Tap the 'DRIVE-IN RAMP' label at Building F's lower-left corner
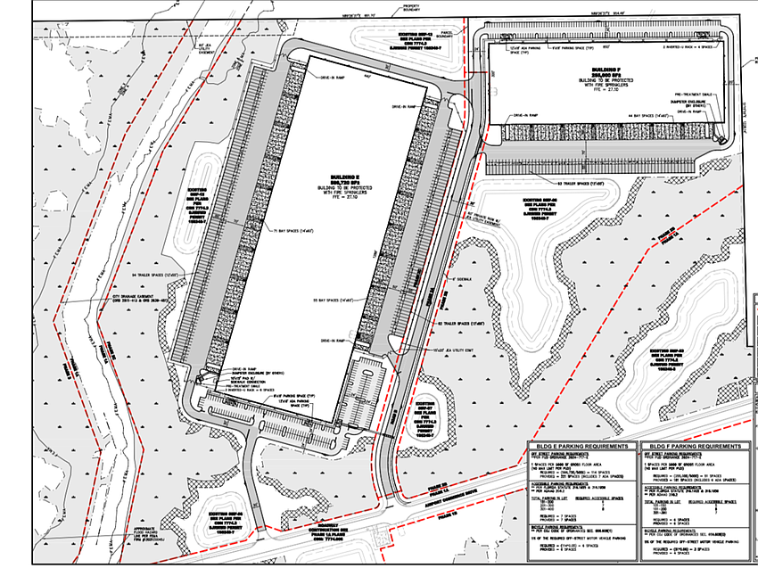[x=531, y=115]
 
